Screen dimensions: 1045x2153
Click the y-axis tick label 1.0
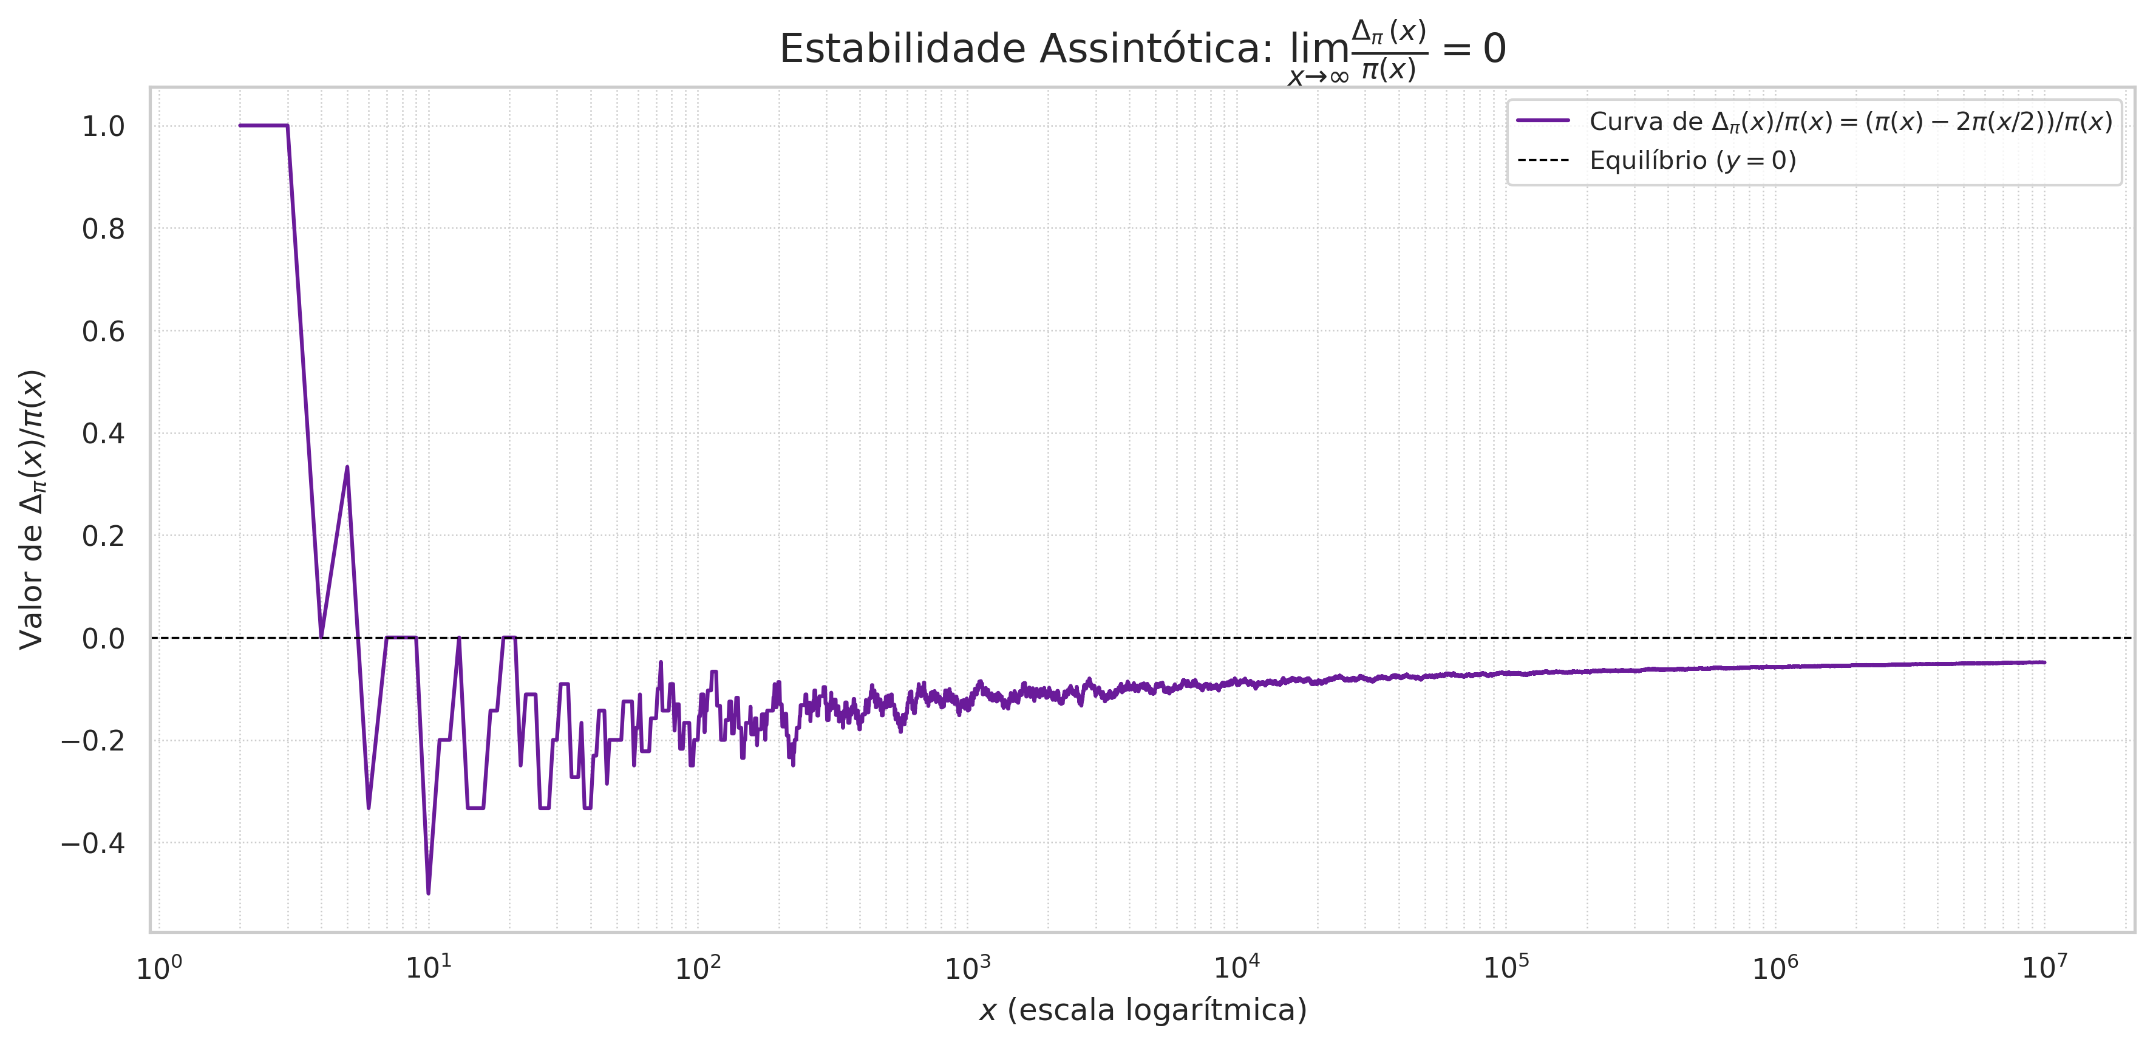tap(103, 127)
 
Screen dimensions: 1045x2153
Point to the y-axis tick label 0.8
tap(103, 229)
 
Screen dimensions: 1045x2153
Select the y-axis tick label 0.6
tap(103, 332)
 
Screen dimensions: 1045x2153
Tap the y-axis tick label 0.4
tap(103, 434)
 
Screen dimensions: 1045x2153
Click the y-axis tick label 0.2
tap(103, 536)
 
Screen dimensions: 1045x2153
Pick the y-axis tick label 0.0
tap(103, 639)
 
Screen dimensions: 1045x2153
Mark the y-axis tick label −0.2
tap(92, 741)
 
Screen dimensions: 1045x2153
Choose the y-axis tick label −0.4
tap(92, 843)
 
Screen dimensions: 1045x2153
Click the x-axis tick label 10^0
tap(159, 967)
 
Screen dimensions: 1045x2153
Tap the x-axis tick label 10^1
tap(428, 967)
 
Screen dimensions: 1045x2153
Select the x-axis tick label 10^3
tap(967, 967)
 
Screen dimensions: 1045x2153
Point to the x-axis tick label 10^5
tap(1506, 967)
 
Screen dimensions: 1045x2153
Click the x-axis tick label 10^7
tap(2044, 967)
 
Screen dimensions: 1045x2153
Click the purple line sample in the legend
tap(1543, 121)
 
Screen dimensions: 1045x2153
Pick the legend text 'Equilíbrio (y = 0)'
tap(1693, 160)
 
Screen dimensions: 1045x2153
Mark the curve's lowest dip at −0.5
tap(428, 893)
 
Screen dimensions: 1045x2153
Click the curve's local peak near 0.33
tap(347, 468)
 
